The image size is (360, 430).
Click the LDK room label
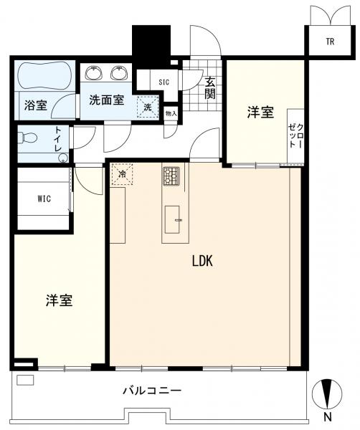(x=202, y=261)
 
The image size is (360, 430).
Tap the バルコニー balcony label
(x=152, y=390)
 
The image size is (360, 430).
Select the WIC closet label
(x=44, y=199)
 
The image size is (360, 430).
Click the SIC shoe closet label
(x=164, y=82)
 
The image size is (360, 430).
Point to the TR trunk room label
(x=331, y=42)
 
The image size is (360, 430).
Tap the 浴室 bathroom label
(x=36, y=105)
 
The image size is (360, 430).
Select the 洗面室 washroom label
(x=106, y=100)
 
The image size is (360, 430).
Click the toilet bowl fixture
(x=27, y=138)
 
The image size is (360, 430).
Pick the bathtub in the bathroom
(x=44, y=75)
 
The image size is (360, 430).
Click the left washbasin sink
(x=94, y=73)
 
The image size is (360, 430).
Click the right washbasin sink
(x=119, y=73)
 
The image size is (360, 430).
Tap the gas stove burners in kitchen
(x=171, y=176)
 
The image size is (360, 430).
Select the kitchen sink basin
(x=172, y=219)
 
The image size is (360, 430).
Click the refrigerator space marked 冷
(x=122, y=174)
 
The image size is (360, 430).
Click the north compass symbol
(x=327, y=393)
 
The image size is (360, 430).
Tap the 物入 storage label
(x=171, y=113)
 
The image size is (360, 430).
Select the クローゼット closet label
(x=295, y=135)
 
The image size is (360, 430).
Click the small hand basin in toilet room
(x=63, y=158)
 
